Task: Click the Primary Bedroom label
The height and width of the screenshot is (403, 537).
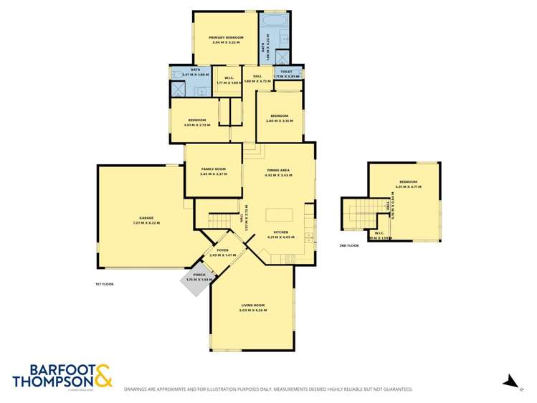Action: [226, 37]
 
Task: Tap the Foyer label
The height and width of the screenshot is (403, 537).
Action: [222, 250]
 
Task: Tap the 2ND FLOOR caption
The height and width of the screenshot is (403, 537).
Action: [348, 245]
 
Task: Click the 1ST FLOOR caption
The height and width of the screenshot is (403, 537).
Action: [105, 284]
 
